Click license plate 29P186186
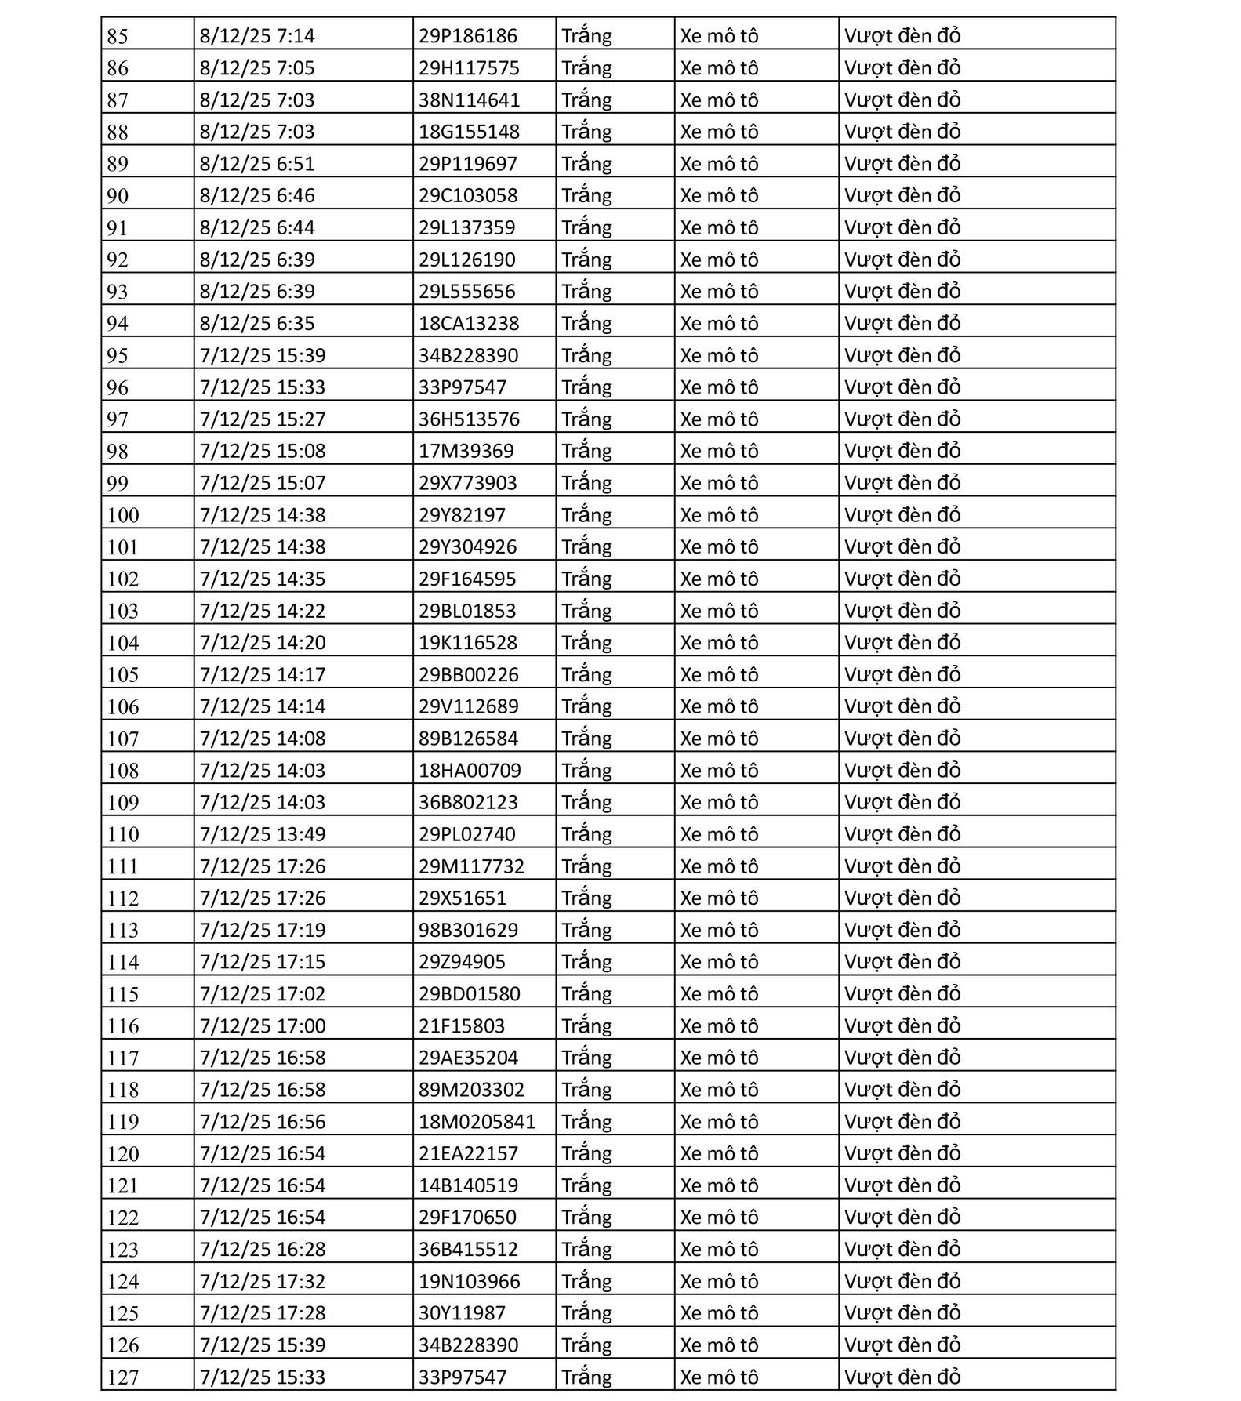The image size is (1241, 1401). tap(467, 36)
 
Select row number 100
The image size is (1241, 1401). tap(123, 515)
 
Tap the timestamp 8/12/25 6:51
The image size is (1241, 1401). tap(257, 164)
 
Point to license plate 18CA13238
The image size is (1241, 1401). tap(468, 323)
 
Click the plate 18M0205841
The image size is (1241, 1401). tap(477, 1122)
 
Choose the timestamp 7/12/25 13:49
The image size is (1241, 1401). tap(262, 834)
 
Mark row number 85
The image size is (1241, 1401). tap(118, 36)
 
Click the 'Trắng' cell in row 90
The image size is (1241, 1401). tap(586, 195)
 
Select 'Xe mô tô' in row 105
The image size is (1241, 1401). tap(719, 674)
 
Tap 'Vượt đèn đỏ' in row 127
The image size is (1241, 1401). tap(902, 1377)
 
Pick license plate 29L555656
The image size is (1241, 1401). tap(466, 292)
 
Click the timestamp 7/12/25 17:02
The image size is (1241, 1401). tap(262, 994)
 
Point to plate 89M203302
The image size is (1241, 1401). tap(471, 1090)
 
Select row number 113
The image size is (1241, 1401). tap(123, 931)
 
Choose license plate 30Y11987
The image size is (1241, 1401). tap(462, 1313)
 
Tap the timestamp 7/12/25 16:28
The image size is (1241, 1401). tap(262, 1250)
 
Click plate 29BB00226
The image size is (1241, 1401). tap(468, 674)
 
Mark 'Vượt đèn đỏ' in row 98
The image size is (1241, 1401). tap(902, 451)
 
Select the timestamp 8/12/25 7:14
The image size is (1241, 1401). tap(257, 36)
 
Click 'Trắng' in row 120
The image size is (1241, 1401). tap(586, 1153)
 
